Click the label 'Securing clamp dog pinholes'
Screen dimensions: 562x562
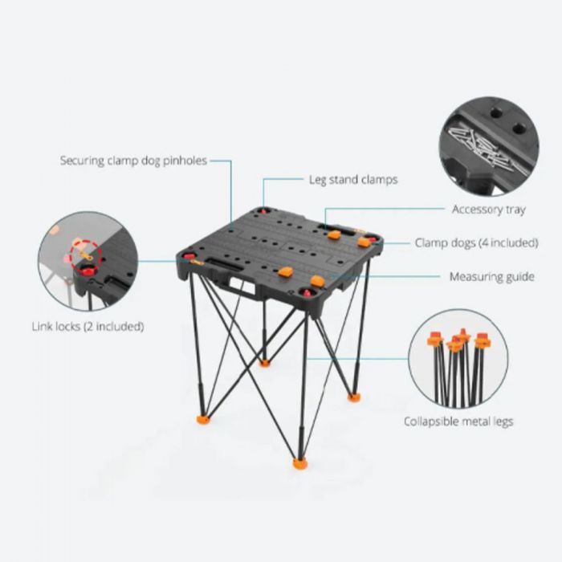coord(133,161)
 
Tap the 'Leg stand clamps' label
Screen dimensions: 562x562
coord(353,179)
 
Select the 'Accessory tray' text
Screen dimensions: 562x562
coord(488,209)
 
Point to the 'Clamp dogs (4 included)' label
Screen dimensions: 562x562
coord(476,242)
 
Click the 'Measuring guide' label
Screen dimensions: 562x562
coord(491,276)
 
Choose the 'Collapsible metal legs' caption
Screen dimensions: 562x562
coord(458,421)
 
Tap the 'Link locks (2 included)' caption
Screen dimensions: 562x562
coord(88,327)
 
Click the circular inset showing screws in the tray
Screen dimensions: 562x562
coord(489,146)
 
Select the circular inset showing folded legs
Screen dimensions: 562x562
coord(458,359)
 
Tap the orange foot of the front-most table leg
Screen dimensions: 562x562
coord(300,463)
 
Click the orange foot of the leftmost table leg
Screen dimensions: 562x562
coord(203,419)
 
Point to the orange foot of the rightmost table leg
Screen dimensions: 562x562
coord(354,397)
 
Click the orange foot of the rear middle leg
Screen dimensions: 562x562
coord(264,363)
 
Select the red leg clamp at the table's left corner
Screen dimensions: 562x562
coord(189,256)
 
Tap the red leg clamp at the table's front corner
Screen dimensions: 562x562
coord(307,293)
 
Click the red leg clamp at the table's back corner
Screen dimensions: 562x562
coord(264,211)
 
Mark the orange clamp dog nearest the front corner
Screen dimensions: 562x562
coord(318,281)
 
